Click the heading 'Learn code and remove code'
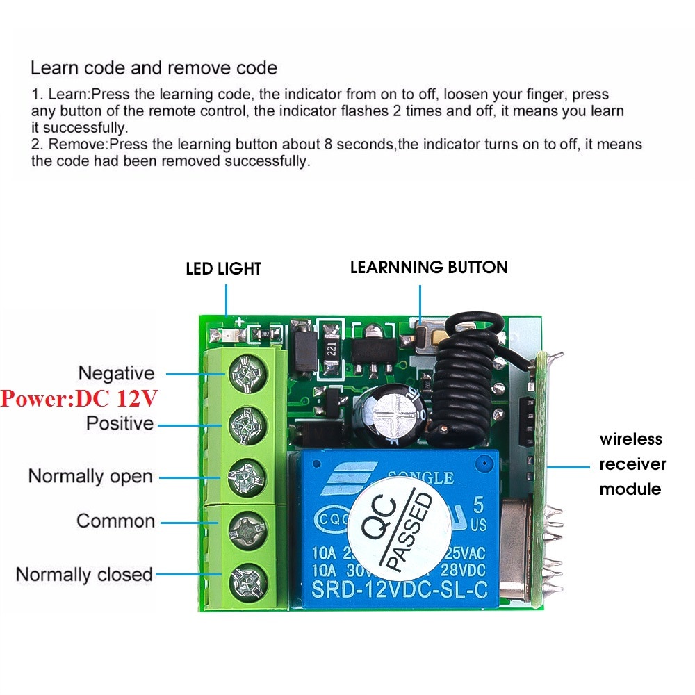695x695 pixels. coord(154,68)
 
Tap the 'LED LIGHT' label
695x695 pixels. coord(223,268)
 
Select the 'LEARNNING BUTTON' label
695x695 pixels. coord(429,267)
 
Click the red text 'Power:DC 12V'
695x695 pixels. coord(79,398)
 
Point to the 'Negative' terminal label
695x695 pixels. coord(116,373)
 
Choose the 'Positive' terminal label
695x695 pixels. coord(120,423)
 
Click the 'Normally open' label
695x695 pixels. coord(90,477)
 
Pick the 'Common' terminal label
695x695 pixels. coord(115,521)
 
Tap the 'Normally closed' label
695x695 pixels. coord(84,575)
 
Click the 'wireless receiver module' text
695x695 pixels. coord(632,464)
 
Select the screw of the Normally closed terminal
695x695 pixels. coord(247,577)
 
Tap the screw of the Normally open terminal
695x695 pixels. coord(247,477)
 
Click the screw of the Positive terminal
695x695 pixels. coord(247,423)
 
